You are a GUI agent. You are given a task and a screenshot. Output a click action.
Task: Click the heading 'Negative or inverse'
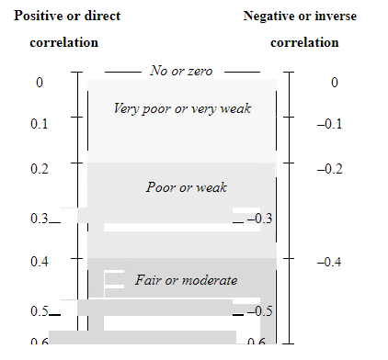[x=301, y=17]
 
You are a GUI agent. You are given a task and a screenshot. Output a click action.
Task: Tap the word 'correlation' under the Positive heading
[x=64, y=43]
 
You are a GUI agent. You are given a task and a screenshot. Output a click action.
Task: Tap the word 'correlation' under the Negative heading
[x=304, y=43]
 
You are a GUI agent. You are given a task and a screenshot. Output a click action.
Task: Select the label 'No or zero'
[x=182, y=71]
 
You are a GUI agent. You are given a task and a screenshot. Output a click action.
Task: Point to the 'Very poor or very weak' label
[x=182, y=108]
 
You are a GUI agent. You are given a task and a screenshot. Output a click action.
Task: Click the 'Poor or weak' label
[x=187, y=187]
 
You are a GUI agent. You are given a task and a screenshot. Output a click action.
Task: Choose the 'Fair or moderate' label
[x=187, y=280]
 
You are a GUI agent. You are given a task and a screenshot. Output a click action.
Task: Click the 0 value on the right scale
[x=334, y=83]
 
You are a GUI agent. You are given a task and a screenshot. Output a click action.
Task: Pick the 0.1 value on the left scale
[x=40, y=124]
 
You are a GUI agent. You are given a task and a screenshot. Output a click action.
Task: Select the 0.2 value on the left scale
[x=40, y=169]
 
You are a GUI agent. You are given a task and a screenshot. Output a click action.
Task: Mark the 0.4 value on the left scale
[x=40, y=262]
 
